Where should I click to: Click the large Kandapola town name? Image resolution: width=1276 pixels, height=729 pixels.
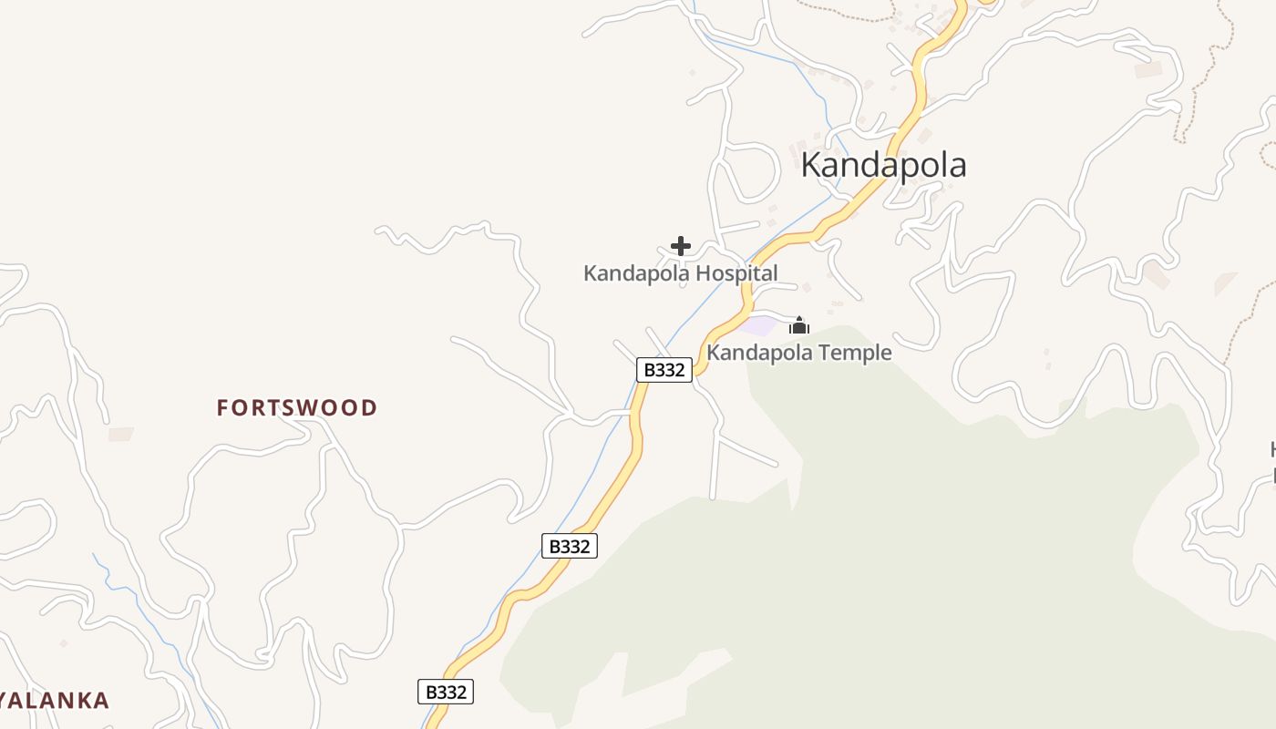(883, 165)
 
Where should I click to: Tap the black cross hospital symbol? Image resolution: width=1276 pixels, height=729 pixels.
(681, 246)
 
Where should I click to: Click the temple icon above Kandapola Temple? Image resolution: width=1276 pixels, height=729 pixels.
(799, 325)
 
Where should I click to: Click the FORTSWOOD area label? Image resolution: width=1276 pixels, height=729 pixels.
(297, 407)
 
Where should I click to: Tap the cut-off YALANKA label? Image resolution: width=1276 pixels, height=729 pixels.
(55, 701)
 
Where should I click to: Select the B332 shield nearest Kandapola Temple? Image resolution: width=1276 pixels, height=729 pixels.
(664, 370)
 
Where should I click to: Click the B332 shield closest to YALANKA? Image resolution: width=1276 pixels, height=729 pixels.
(446, 692)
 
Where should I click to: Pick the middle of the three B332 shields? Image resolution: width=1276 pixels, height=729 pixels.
(570, 546)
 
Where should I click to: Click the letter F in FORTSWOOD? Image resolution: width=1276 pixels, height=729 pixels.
(221, 407)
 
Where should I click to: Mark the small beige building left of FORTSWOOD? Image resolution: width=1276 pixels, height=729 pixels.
(120, 435)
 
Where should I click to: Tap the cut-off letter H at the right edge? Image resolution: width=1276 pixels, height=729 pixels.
(1272, 448)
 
